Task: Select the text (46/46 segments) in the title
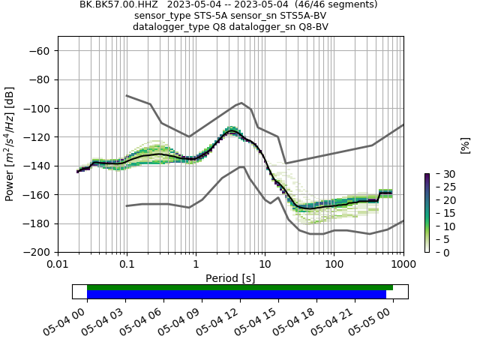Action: tap(337, 4)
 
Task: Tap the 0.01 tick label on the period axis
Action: tap(58, 265)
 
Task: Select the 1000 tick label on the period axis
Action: tap(403, 265)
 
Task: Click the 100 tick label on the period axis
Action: tap(334, 265)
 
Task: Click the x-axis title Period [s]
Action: tap(230, 278)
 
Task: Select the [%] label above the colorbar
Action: tap(465, 145)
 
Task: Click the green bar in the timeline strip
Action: tap(240, 287)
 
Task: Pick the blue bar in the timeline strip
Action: tap(236, 295)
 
